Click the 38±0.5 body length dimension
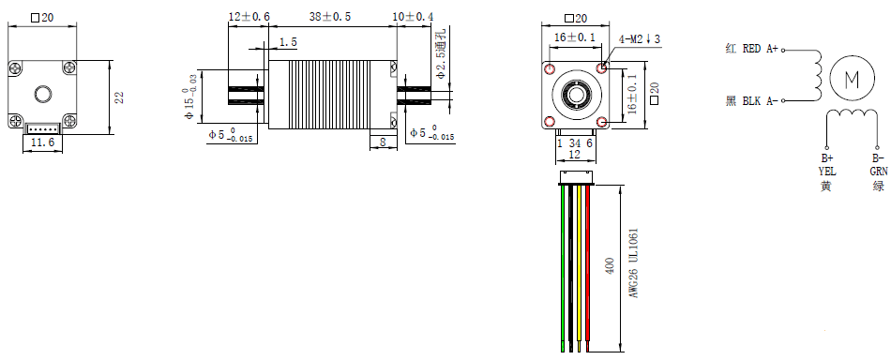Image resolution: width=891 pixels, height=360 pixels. pyautogui.click(x=329, y=17)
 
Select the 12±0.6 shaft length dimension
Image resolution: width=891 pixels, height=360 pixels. pyautogui.click(x=249, y=17)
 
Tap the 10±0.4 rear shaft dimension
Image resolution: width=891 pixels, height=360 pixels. pyautogui.click(x=413, y=17)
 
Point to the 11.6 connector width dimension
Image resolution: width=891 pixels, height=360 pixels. pyautogui.click(x=42, y=142)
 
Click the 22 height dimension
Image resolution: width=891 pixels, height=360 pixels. pyautogui.click(x=119, y=97)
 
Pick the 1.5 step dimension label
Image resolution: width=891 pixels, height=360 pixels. pyautogui.click(x=288, y=42)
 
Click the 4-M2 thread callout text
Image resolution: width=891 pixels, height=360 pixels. pyautogui.click(x=640, y=38)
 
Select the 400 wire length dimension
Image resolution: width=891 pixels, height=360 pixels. pyautogui.click(x=611, y=266)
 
